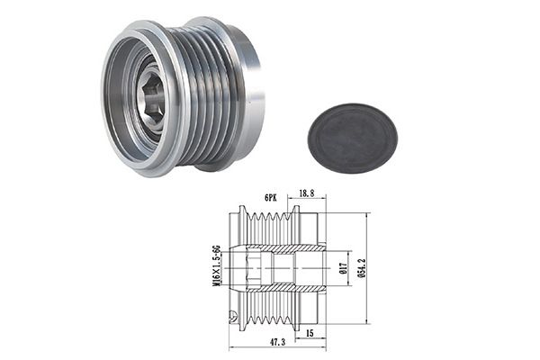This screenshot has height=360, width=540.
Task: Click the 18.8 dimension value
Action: coord(306,193)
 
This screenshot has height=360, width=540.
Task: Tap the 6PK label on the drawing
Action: coord(271,198)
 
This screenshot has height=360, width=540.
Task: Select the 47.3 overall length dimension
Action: coord(277,342)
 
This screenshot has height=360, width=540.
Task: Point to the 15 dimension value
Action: coord(310,334)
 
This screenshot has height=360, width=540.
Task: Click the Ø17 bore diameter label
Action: coord(342,268)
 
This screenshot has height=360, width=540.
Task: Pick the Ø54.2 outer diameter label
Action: coord(361,268)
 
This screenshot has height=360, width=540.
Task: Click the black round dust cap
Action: coord(353,138)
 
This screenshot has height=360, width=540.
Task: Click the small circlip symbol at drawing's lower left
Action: coord(234,315)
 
